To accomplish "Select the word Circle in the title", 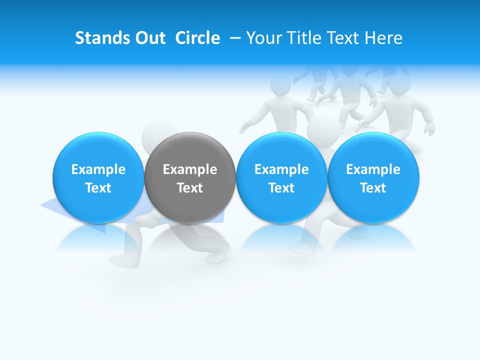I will click(x=197, y=38).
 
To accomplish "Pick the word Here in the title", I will click(x=384, y=38).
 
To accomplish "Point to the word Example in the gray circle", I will click(x=190, y=169).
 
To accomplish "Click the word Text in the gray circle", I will click(x=190, y=188).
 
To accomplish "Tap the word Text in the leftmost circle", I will click(x=98, y=188).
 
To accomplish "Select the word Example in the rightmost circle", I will click(x=373, y=169).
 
